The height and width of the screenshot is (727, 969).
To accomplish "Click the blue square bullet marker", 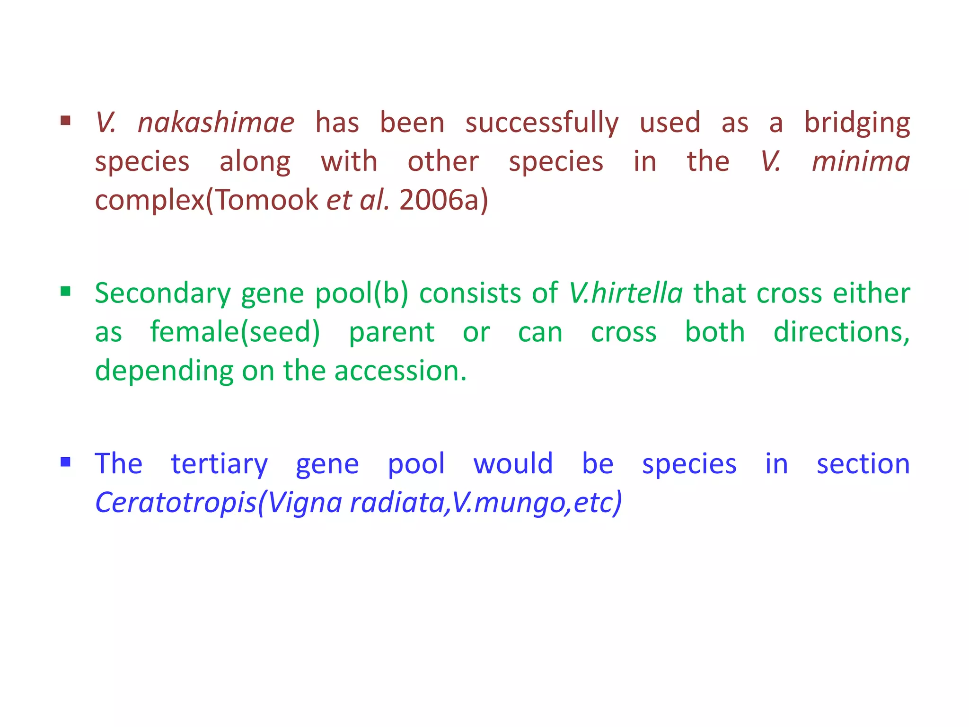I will (x=66, y=461).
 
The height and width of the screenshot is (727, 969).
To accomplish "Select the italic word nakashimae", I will (x=216, y=123).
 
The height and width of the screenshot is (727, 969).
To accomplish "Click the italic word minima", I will (x=861, y=161).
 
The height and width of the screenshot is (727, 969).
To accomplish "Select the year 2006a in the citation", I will (x=443, y=200).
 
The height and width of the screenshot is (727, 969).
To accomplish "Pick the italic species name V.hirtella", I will (x=625, y=293).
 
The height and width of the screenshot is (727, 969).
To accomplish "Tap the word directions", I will (x=841, y=332).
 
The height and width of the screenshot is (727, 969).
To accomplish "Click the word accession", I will (x=400, y=371).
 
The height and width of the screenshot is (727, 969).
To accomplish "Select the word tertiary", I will (x=219, y=464).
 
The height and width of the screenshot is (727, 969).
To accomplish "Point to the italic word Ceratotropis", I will (x=176, y=502).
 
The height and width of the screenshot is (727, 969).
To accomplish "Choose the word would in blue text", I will (x=513, y=463).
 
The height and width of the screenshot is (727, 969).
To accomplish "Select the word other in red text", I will (x=443, y=161).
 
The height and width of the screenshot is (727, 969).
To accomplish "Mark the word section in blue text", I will (x=863, y=463).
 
